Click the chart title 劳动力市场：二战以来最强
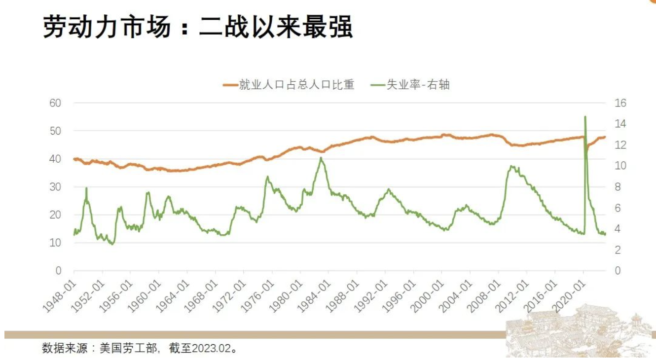pyautogui.click(x=198, y=27)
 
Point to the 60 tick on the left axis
pyautogui.click(x=55, y=103)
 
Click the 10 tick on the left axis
pyautogui.click(x=55, y=243)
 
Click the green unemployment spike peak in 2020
pyautogui.click(x=585, y=117)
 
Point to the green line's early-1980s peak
pyautogui.click(x=321, y=158)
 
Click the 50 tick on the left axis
pyautogui.click(x=55, y=131)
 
